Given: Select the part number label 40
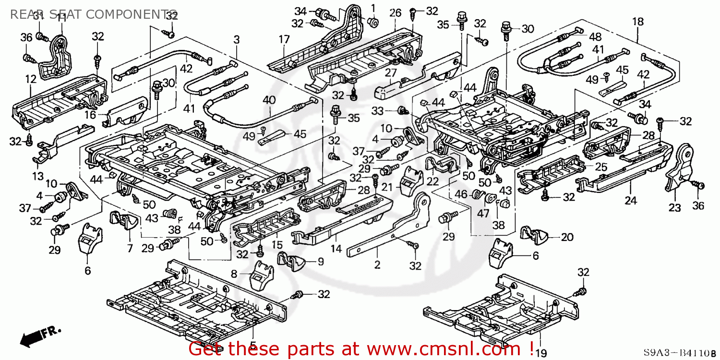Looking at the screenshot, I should (269, 99).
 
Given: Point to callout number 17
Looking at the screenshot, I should (284, 39).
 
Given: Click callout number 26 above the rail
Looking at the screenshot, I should (395, 12).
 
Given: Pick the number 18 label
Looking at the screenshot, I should (637, 21).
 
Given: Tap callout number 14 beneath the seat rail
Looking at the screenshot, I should (336, 249).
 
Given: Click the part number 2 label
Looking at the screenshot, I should (377, 264).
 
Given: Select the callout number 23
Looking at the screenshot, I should (675, 208).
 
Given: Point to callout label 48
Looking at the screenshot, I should (595, 36).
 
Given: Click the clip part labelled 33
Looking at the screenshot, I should (402, 111).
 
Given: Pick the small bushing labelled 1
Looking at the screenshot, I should (372, 21).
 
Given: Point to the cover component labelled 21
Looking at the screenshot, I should (408, 179).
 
